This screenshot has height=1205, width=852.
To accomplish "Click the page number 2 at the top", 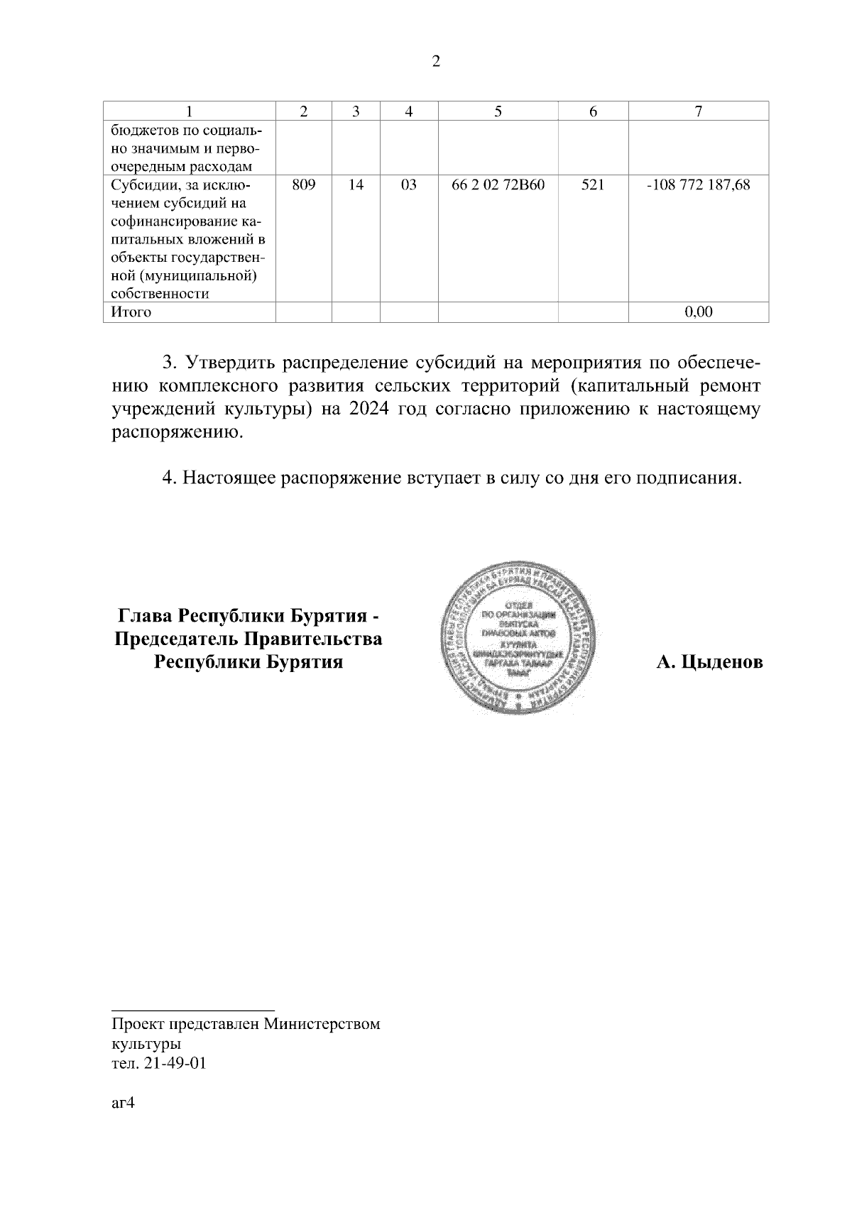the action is (x=436, y=62).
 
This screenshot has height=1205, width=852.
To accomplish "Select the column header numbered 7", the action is (x=699, y=111).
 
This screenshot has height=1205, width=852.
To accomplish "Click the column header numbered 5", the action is (x=498, y=111).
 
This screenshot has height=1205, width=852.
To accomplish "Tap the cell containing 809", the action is (x=303, y=185).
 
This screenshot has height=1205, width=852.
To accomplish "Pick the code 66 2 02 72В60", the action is (x=498, y=185).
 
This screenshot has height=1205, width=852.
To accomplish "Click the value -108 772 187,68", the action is (x=699, y=185).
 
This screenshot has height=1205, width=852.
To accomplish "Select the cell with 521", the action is (x=593, y=185).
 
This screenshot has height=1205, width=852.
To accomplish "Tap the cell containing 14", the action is (x=356, y=185).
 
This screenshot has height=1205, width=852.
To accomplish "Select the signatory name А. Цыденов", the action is (x=709, y=663).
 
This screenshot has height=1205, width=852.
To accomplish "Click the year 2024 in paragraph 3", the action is (x=372, y=410).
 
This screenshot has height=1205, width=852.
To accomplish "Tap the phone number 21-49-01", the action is (x=175, y=1064).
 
